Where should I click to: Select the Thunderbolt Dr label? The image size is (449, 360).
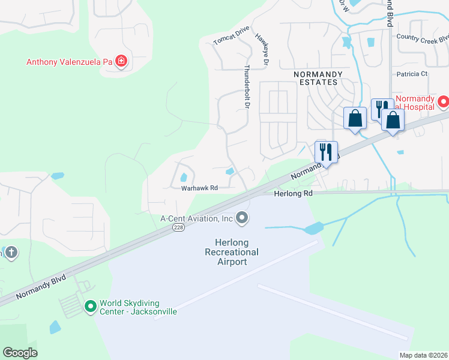(246, 86)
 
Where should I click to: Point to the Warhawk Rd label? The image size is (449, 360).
(199, 188)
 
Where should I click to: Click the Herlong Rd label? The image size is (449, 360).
(294, 194)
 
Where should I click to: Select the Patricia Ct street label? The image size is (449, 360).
(411, 74)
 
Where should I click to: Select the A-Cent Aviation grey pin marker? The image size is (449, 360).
(242, 218)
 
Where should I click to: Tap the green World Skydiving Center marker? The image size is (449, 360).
(90, 307)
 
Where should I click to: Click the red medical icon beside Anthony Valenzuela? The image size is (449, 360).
(121, 61)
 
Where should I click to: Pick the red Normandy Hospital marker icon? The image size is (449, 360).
(443, 102)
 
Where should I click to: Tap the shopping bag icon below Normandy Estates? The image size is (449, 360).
(355, 117)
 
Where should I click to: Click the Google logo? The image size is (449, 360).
(20, 352)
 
